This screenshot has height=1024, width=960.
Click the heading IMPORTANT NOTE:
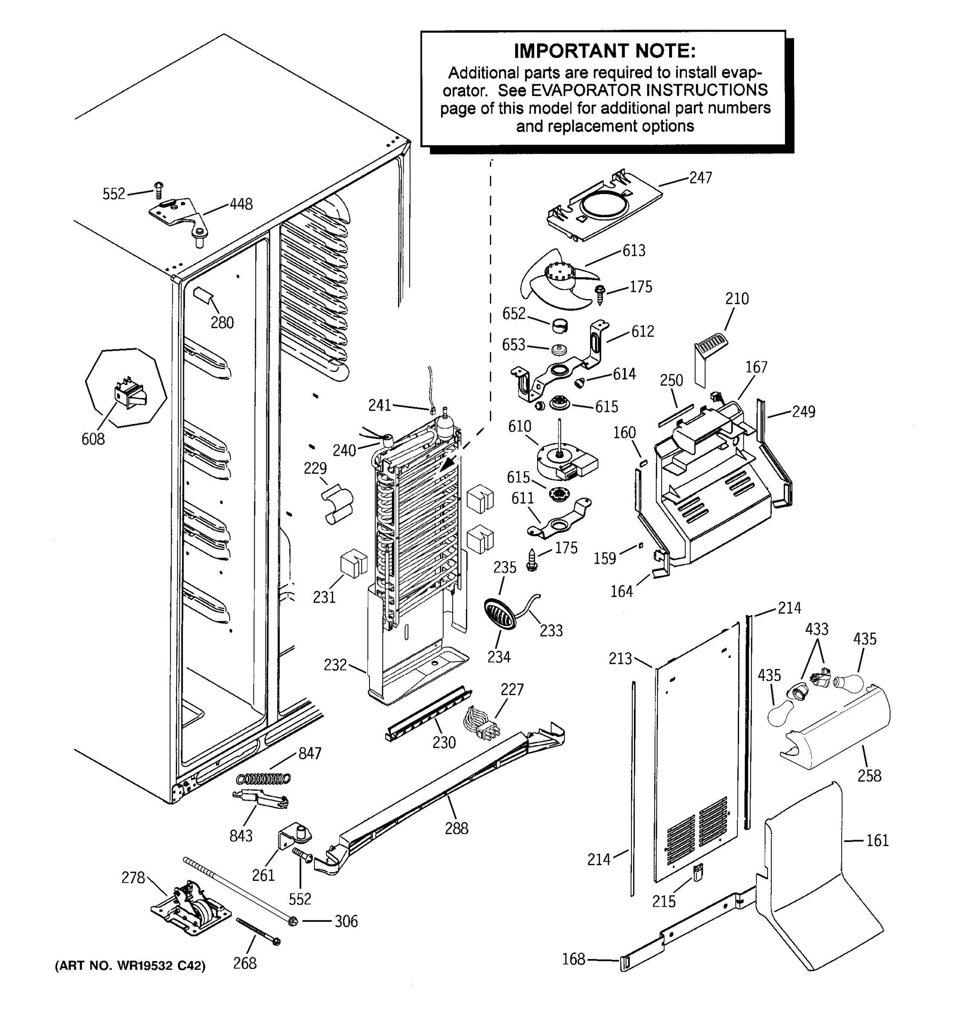point(604,51)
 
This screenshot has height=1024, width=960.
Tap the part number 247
point(701,177)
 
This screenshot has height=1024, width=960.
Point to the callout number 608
point(93,439)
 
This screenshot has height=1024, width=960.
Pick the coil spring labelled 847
point(263,778)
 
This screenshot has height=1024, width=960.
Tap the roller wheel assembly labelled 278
point(189,912)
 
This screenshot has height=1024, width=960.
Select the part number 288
point(456,828)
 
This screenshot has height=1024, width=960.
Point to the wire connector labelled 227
point(482,727)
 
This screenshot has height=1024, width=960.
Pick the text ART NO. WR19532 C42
point(130,966)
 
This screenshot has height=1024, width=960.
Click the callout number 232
point(335,665)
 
